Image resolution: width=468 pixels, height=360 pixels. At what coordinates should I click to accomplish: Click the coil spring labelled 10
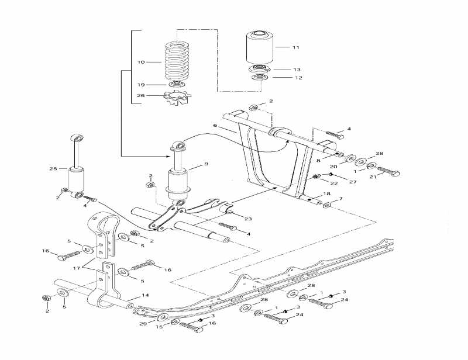coord(176,62)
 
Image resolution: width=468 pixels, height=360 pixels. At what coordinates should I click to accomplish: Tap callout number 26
coord(140,96)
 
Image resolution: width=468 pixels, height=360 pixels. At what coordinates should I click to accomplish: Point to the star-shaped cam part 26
coord(176,96)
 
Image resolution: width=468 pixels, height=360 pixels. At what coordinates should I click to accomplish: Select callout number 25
coord(53,168)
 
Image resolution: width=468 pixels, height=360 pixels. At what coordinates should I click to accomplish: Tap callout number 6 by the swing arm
coord(215,125)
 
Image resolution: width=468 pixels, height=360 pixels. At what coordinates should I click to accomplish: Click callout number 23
coord(248,219)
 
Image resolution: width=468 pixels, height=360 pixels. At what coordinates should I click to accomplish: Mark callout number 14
coord(145,296)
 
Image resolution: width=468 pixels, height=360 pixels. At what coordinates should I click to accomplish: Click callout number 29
coord(142,323)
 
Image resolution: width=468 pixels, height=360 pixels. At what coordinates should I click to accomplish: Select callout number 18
coord(327,193)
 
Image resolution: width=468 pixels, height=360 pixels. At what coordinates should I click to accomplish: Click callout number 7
coord(340,199)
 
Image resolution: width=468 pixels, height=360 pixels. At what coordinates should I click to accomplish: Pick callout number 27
coord(353,182)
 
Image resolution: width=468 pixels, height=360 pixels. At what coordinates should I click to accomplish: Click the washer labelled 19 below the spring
coord(174,85)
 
